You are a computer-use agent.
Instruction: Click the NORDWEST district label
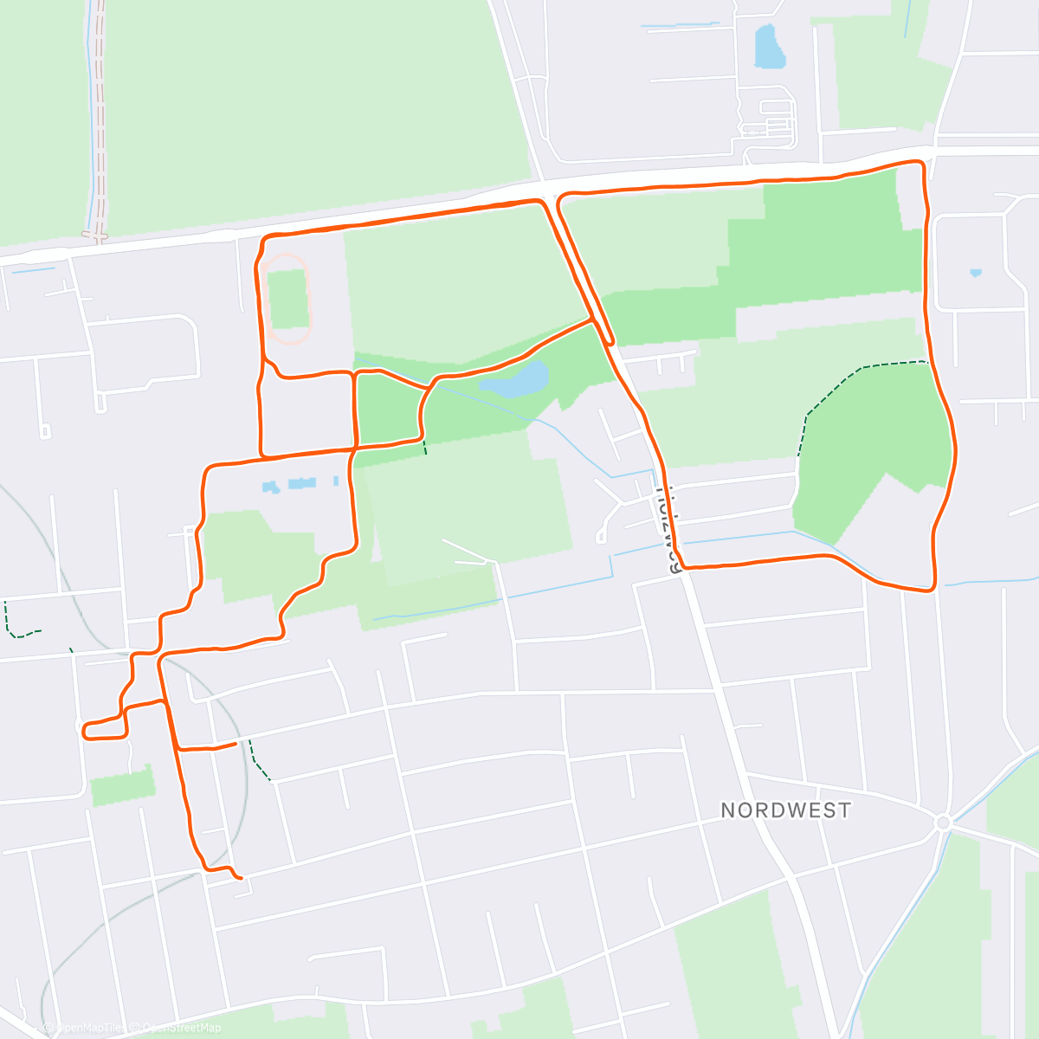pyautogui.click(x=785, y=810)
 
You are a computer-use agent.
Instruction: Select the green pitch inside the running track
pyautogui.click(x=287, y=299)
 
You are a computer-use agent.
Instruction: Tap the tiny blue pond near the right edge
pyautogui.click(x=976, y=273)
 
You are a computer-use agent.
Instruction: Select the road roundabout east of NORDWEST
pyautogui.click(x=943, y=822)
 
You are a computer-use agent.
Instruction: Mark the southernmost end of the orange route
pyautogui.click(x=239, y=878)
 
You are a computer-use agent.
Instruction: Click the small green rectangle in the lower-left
pyautogui.click(x=123, y=786)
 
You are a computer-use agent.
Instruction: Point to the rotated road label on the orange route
pyautogui.click(x=669, y=529)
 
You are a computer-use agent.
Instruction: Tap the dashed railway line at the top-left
pyautogui.click(x=100, y=121)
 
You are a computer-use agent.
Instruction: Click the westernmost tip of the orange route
pyautogui.click(x=83, y=731)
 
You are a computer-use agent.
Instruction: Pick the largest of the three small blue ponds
pyautogui.click(x=302, y=482)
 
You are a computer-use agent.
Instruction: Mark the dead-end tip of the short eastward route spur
pyautogui.click(x=236, y=743)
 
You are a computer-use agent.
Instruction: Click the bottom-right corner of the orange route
pyautogui.click(x=933, y=588)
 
